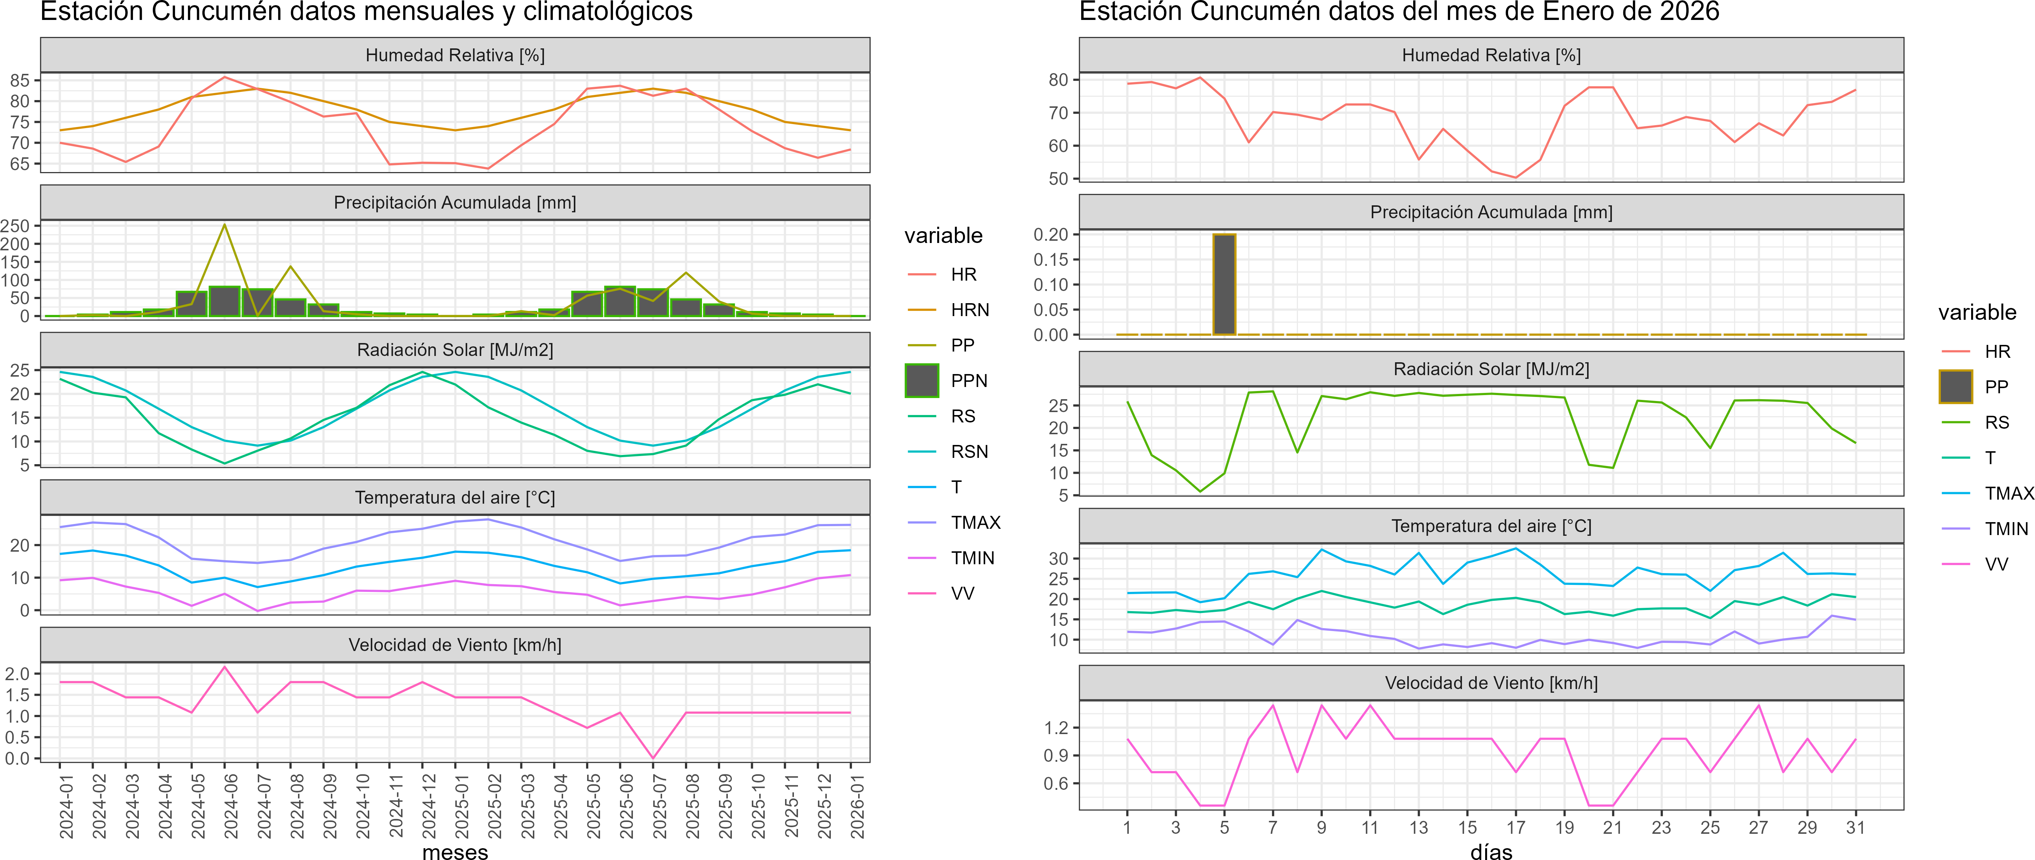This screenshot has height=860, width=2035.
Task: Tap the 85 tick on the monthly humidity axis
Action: tap(20, 80)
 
